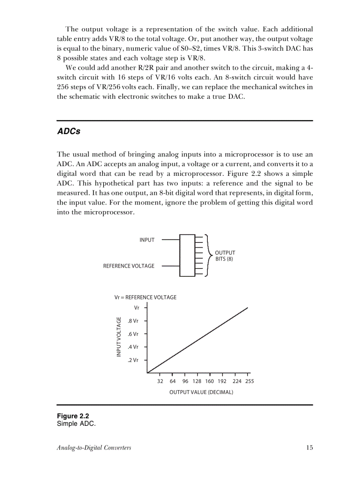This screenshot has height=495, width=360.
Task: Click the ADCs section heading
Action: [x=69, y=132]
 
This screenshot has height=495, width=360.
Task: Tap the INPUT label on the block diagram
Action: [x=147, y=240]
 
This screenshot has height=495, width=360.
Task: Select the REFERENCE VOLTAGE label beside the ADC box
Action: [x=129, y=266]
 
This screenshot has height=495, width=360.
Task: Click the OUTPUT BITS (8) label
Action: [x=225, y=256]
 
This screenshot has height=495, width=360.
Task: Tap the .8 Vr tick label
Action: [x=133, y=321]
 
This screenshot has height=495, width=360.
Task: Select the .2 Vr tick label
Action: [x=133, y=360]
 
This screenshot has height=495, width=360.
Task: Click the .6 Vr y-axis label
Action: [x=133, y=334]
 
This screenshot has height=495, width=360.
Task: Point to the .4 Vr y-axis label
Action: [x=133, y=347]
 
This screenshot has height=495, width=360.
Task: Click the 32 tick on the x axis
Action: [x=160, y=381]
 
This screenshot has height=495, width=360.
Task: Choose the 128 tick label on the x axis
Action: [x=197, y=381]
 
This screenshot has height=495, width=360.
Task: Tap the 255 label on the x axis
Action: [x=249, y=381]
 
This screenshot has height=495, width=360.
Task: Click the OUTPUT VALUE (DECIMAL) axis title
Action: [x=201, y=392]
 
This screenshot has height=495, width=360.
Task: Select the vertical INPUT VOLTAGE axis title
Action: [x=119, y=337]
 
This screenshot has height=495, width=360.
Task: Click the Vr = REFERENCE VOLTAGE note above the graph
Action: [x=145, y=298]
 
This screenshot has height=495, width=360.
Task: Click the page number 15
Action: [x=309, y=448]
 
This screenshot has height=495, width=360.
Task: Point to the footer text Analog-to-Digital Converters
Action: [x=94, y=448]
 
